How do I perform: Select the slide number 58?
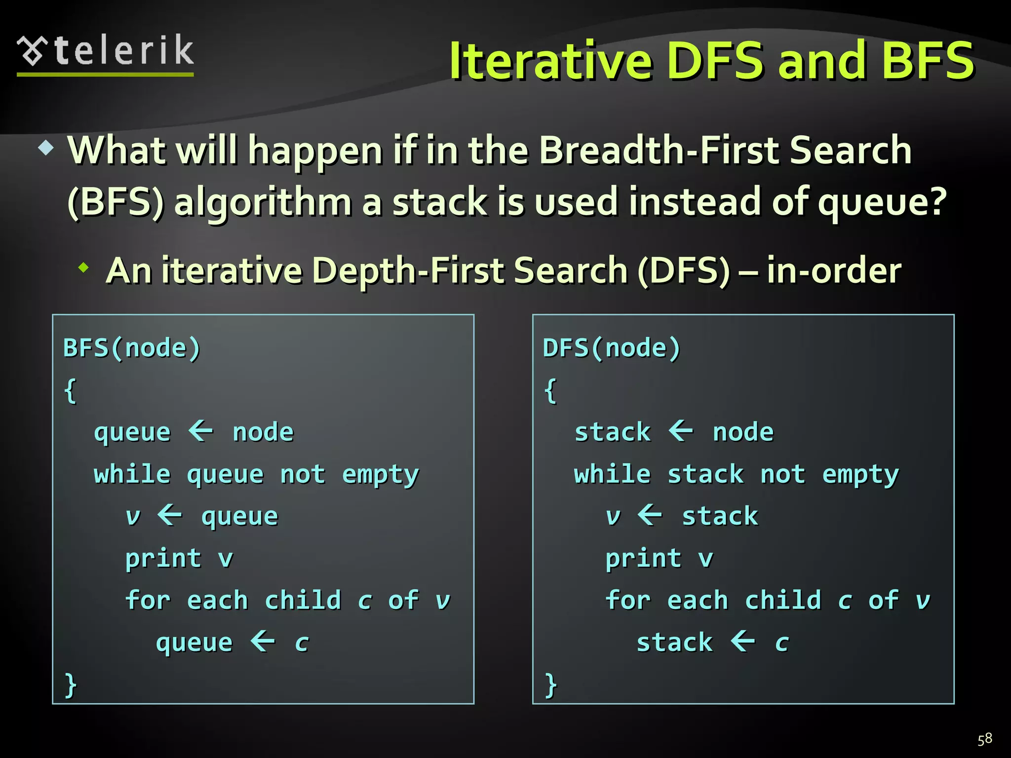(x=984, y=739)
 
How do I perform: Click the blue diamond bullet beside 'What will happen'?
(x=46, y=148)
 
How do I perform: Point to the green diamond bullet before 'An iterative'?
(x=84, y=268)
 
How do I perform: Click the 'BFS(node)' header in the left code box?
(x=132, y=348)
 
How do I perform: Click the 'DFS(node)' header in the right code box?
(x=612, y=348)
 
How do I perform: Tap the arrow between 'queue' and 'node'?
(x=201, y=431)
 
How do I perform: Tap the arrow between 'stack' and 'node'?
(x=681, y=431)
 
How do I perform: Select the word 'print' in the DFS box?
(x=643, y=559)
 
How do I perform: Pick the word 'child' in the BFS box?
(x=303, y=601)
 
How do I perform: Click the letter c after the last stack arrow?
(x=781, y=643)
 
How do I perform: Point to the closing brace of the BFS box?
(x=71, y=685)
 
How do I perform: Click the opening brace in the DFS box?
(x=550, y=391)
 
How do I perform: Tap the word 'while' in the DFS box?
(x=612, y=474)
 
